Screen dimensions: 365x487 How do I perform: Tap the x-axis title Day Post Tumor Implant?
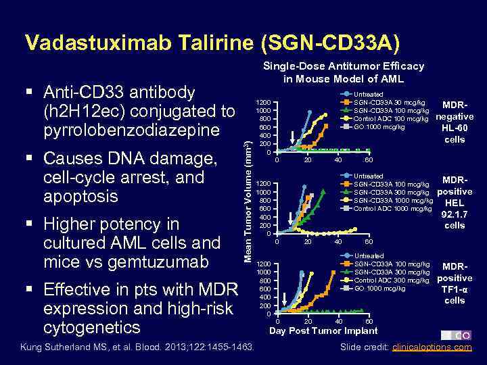[323, 331]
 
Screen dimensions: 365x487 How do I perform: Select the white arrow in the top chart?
[292, 136]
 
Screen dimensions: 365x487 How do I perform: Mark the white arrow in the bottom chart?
[285, 298]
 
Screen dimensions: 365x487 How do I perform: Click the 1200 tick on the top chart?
[263, 101]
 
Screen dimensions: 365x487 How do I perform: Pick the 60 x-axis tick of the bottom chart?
[368, 322]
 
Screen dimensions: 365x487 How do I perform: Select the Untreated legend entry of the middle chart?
[369, 176]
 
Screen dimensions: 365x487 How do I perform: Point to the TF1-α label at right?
[456, 289]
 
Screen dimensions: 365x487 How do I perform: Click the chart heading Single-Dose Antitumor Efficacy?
[344, 66]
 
